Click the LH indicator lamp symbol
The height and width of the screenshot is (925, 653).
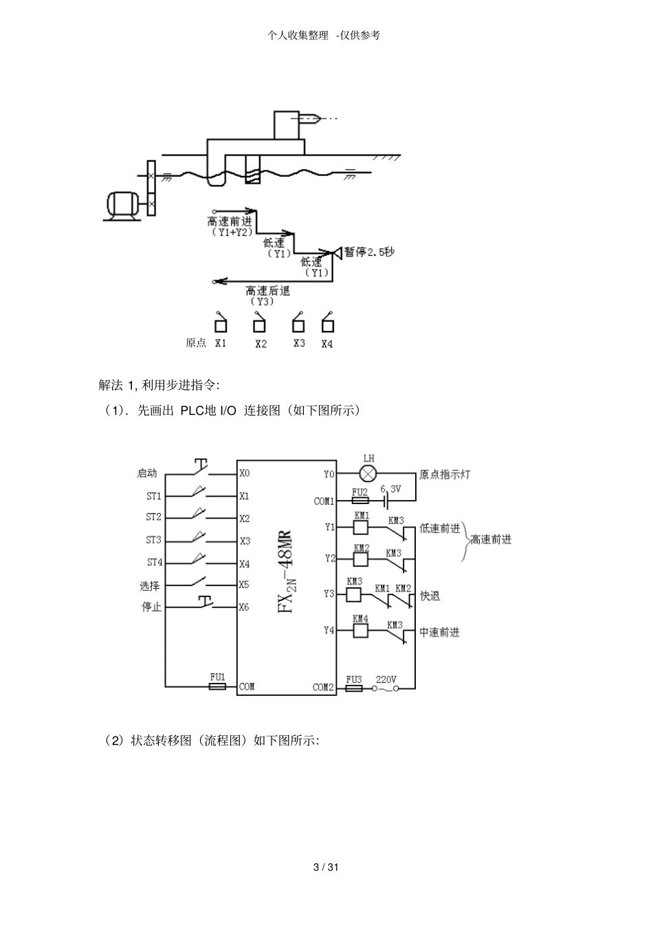[368, 473]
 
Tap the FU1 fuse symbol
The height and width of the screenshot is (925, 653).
[217, 686]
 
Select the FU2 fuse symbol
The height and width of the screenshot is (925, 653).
[360, 501]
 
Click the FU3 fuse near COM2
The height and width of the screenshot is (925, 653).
[354, 688]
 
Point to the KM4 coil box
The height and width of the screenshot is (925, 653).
[360, 631]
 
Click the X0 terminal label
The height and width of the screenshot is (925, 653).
[245, 473]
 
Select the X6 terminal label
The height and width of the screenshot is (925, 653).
[244, 607]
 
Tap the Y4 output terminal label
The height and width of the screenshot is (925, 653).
[329, 630]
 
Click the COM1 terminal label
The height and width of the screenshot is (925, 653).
[324, 501]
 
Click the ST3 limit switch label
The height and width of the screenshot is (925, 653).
[153, 540]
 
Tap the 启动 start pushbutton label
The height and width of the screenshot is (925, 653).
[147, 473]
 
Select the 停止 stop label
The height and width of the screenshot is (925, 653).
[151, 607]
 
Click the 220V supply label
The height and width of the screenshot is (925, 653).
[386, 679]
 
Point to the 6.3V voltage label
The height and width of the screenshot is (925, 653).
[390, 489]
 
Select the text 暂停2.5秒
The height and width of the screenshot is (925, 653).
[369, 252]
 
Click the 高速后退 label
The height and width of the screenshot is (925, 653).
[268, 291]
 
